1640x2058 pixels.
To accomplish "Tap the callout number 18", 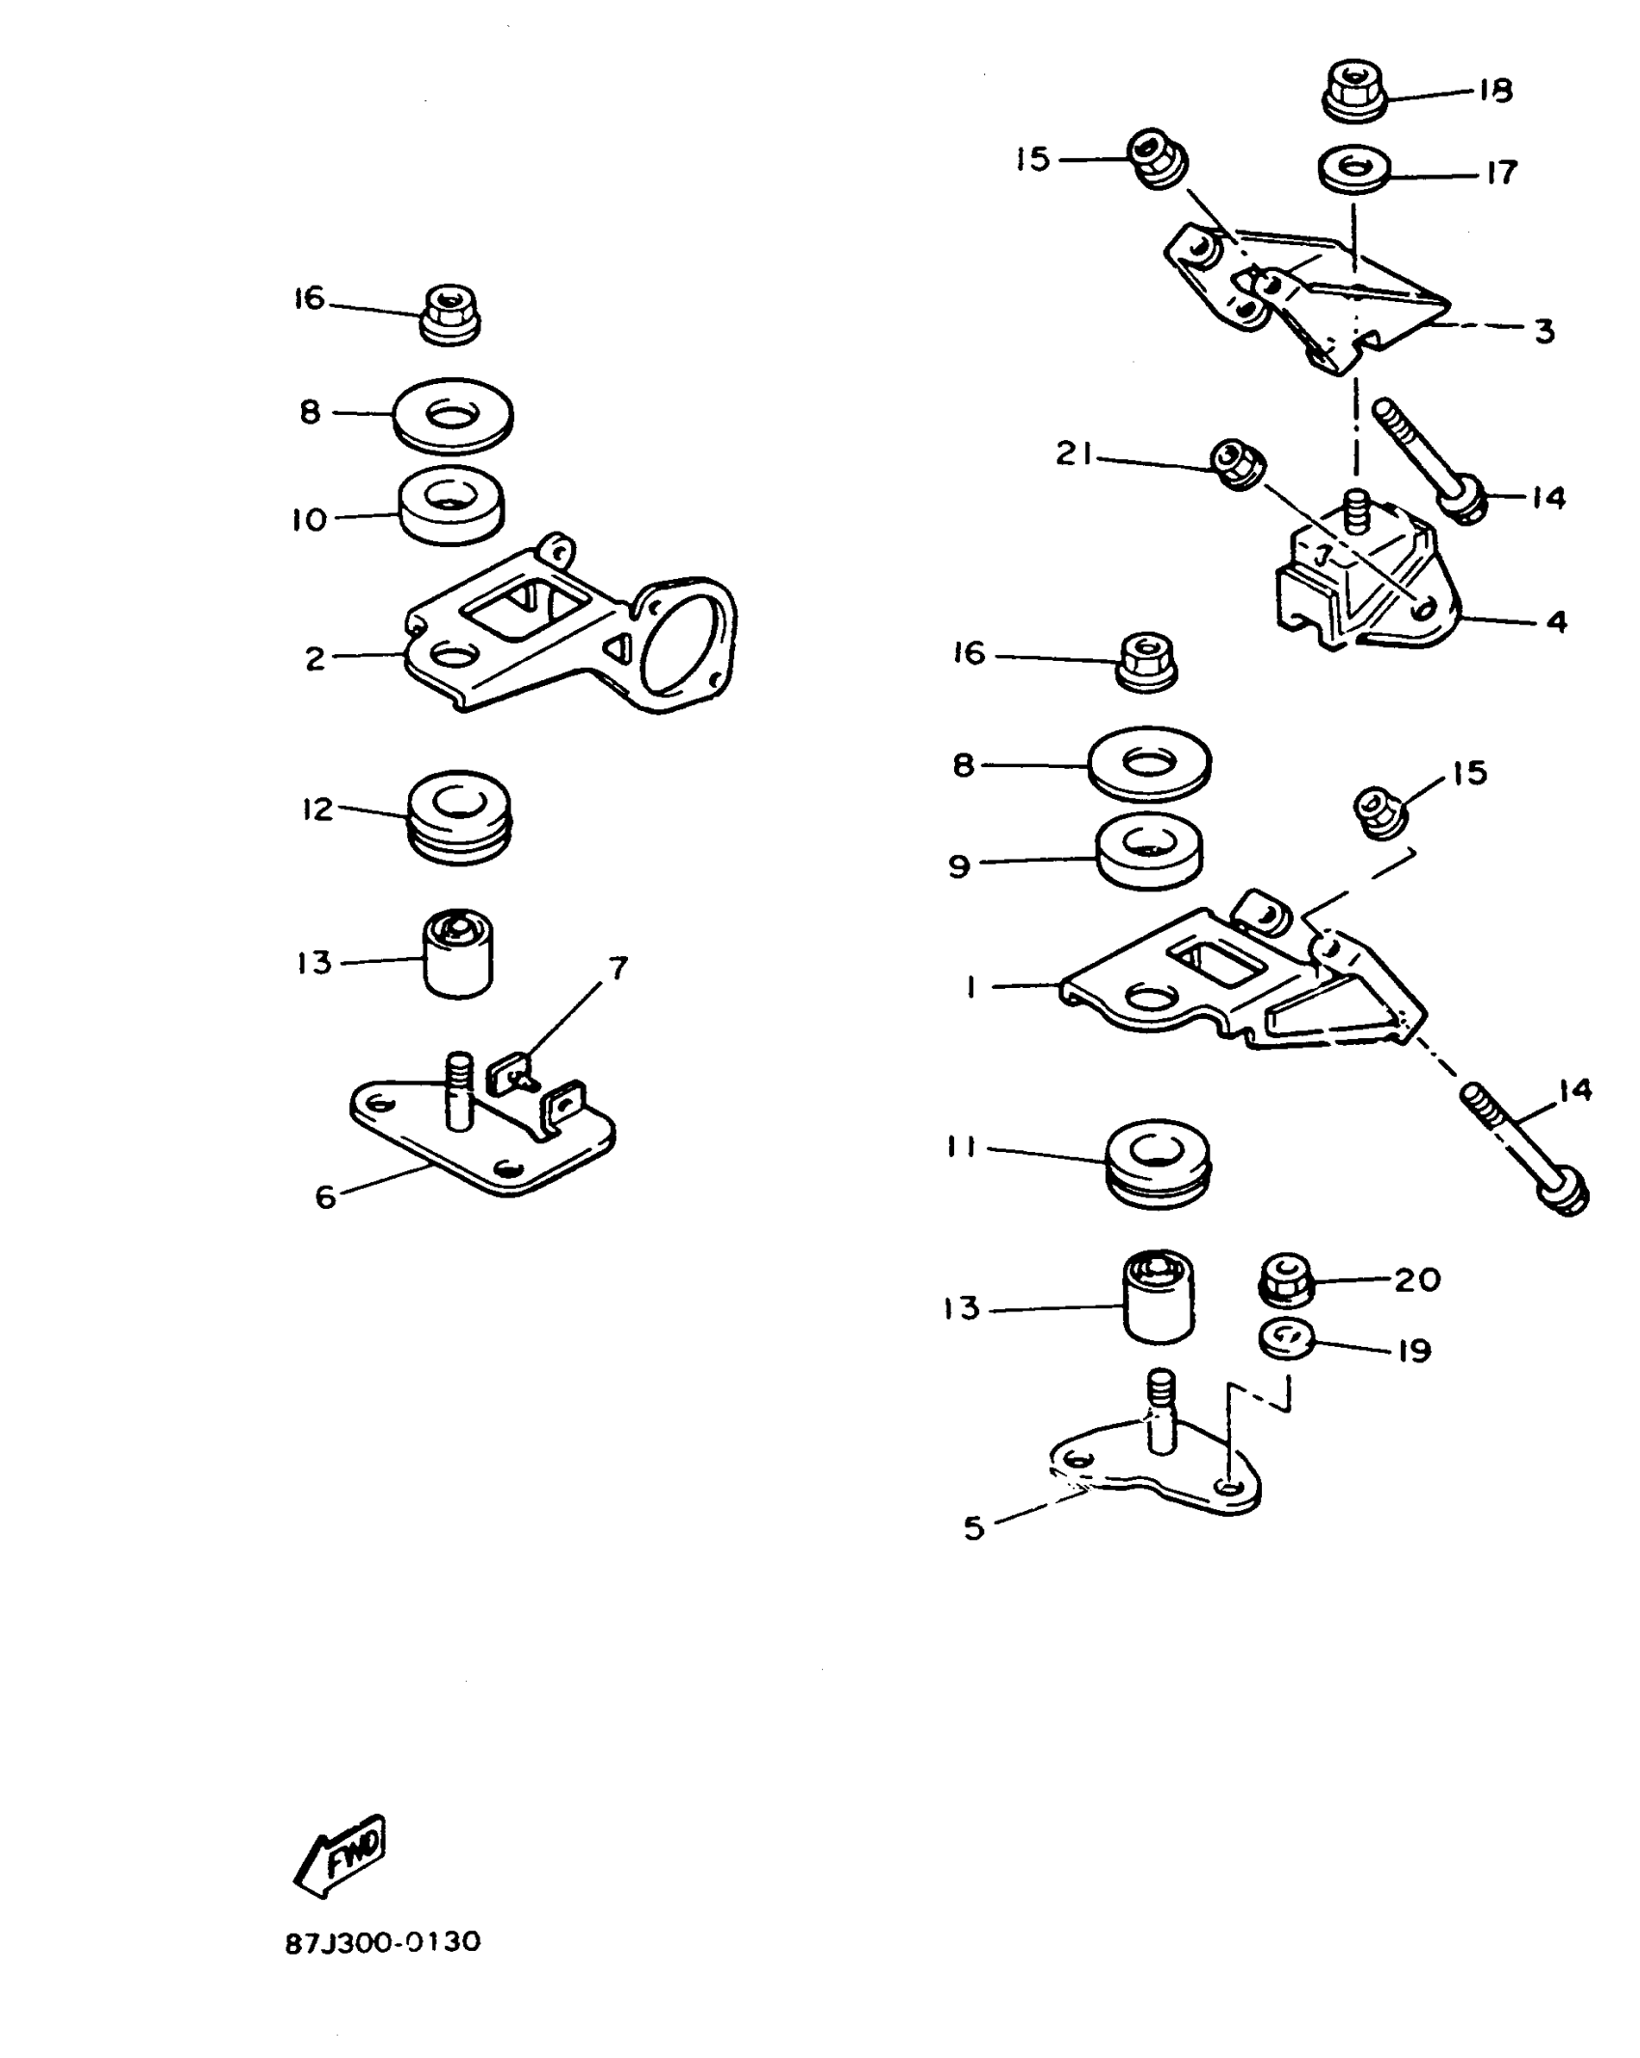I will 1494,91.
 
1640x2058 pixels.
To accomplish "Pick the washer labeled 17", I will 1354,170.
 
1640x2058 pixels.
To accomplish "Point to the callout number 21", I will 1073,453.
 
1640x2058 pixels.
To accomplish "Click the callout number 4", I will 1556,622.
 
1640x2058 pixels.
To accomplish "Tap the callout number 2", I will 315,659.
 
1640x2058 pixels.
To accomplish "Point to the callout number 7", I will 618,967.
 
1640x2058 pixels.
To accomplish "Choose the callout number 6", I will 326,1197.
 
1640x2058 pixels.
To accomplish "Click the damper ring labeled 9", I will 1149,852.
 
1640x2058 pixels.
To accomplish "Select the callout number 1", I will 971,987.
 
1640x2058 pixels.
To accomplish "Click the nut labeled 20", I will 1287,1278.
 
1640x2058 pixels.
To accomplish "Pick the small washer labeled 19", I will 1288,1338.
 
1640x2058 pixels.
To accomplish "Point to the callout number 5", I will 974,1527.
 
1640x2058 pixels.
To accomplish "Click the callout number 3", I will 1544,332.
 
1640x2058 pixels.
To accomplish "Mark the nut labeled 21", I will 1237,463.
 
